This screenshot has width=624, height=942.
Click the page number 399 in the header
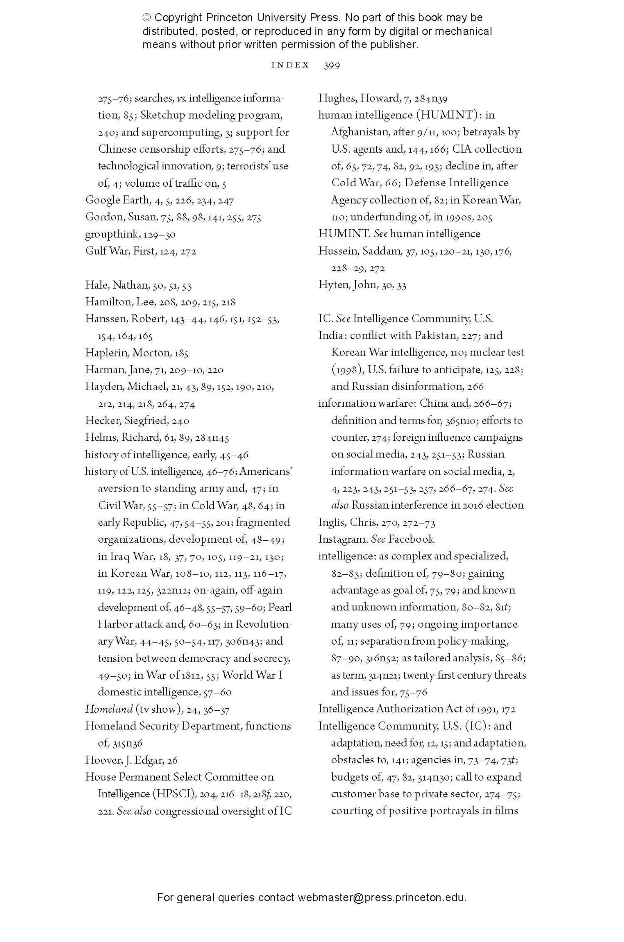(332, 65)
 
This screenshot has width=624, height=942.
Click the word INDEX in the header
(290, 65)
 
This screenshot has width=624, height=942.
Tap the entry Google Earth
(117, 200)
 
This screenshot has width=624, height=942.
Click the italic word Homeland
(109, 710)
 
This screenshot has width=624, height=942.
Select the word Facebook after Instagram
(411, 539)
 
